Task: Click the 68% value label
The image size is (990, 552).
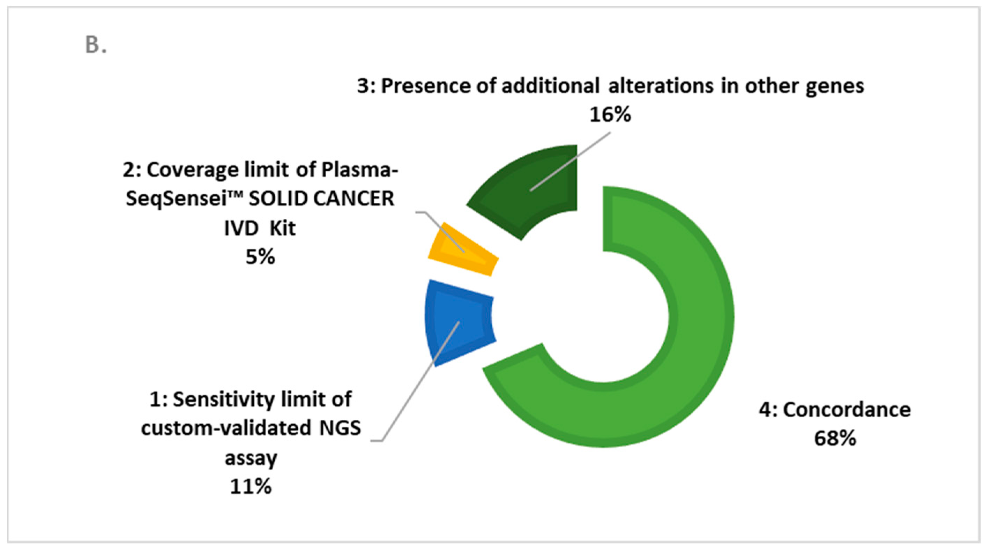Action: pos(835,438)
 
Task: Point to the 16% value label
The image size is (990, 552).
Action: pos(610,114)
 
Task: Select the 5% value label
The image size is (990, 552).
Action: pos(260,257)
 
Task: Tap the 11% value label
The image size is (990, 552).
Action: pos(251,487)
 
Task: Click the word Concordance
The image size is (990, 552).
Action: pos(847,410)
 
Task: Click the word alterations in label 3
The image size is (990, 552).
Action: pos(661,85)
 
